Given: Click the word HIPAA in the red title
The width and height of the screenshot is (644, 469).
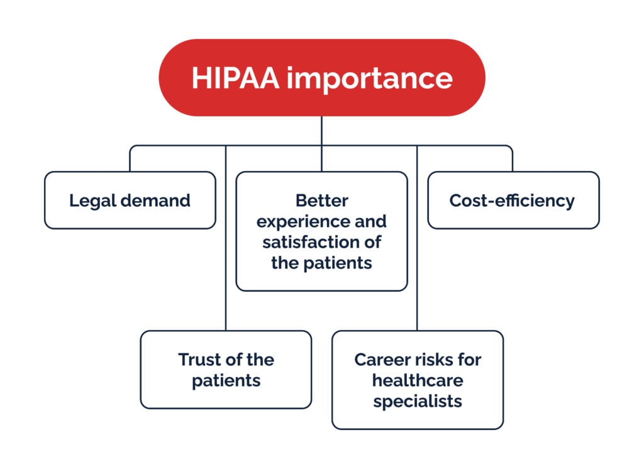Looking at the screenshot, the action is (x=235, y=77).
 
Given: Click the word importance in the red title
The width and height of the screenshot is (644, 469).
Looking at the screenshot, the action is (x=370, y=79).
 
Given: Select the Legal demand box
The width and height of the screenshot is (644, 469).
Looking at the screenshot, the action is (x=130, y=200).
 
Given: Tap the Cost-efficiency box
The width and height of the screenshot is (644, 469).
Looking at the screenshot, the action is (x=513, y=200).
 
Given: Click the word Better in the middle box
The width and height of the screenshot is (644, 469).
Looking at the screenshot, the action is (x=322, y=201).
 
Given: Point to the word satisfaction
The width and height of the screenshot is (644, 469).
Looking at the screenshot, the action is (x=308, y=242).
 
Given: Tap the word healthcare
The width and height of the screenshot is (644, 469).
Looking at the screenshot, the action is (x=418, y=380).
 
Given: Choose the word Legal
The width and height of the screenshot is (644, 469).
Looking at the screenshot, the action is (x=93, y=201).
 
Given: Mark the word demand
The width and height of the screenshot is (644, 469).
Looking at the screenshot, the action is (x=156, y=201).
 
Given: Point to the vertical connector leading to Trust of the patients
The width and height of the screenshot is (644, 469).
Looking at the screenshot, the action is (x=226, y=238).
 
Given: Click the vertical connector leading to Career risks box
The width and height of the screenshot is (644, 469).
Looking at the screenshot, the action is (x=418, y=238).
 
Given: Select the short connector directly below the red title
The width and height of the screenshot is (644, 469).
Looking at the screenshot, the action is (x=321, y=131).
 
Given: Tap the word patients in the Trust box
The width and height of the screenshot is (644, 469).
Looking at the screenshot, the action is (x=226, y=382).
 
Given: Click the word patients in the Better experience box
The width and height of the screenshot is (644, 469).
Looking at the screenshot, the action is (x=338, y=263).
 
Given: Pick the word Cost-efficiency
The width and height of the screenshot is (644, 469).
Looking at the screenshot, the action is (x=512, y=201).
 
